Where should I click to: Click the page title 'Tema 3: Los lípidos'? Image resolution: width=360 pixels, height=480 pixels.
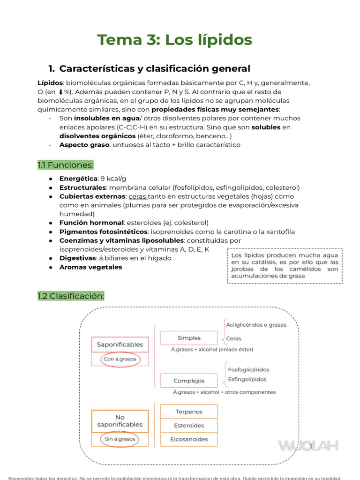(174, 40)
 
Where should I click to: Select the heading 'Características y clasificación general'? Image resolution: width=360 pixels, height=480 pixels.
(155, 68)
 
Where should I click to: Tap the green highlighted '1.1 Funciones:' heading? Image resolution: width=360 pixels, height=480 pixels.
(66, 165)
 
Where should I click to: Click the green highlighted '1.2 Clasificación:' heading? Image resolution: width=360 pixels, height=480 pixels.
(71, 296)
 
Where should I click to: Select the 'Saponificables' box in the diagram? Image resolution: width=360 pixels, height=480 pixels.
(120, 345)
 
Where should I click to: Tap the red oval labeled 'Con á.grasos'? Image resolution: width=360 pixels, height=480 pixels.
(120, 360)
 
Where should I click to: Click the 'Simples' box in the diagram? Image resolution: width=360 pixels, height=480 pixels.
(189, 338)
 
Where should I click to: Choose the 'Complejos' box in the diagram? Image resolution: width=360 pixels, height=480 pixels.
(189, 381)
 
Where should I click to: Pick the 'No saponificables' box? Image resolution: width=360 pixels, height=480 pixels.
(120, 420)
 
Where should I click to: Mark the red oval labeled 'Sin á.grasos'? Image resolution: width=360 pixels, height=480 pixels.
(120, 439)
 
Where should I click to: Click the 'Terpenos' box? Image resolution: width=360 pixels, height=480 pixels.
(189, 412)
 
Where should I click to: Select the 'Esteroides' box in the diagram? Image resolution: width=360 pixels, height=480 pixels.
(189, 426)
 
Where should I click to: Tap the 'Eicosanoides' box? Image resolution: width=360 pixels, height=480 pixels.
(189, 440)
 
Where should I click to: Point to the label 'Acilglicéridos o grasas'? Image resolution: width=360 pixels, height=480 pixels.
(256, 324)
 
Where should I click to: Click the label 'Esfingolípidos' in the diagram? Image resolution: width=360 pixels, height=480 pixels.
(247, 379)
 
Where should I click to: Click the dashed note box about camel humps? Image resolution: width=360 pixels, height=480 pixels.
(285, 265)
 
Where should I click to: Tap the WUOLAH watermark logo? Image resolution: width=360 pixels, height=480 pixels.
(308, 445)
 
